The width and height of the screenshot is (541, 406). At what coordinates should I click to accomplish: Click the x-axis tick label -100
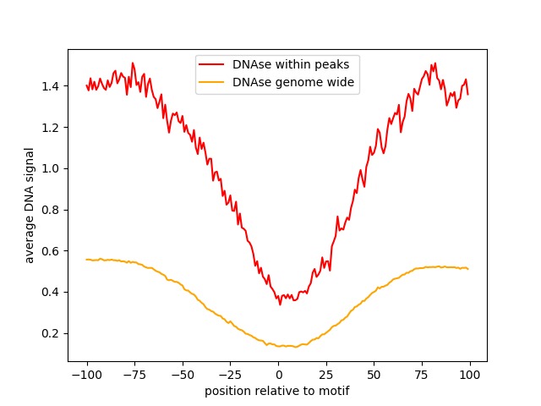(x=86, y=375)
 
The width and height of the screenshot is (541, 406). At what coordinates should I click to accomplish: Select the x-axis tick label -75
(x=134, y=375)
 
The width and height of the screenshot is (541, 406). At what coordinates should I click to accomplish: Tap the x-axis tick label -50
(x=183, y=375)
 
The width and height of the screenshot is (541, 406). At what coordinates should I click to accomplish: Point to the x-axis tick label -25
(x=230, y=375)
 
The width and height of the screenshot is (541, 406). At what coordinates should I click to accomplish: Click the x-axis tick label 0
(x=278, y=375)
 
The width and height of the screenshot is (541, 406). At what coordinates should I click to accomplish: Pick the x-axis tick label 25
(x=326, y=375)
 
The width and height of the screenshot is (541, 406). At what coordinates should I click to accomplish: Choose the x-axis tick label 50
(x=374, y=375)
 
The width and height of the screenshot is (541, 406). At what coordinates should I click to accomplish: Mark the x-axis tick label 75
(x=422, y=375)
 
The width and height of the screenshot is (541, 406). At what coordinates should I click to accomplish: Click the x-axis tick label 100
(x=470, y=375)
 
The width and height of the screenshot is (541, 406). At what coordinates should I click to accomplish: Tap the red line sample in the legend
(x=212, y=64)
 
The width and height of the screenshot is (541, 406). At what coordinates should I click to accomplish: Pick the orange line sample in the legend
(x=212, y=82)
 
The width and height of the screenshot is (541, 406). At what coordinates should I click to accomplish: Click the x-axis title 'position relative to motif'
(x=277, y=391)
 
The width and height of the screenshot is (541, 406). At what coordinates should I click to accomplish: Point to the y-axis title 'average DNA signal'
(x=30, y=205)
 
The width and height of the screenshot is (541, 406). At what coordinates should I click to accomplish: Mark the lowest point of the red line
(x=280, y=304)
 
